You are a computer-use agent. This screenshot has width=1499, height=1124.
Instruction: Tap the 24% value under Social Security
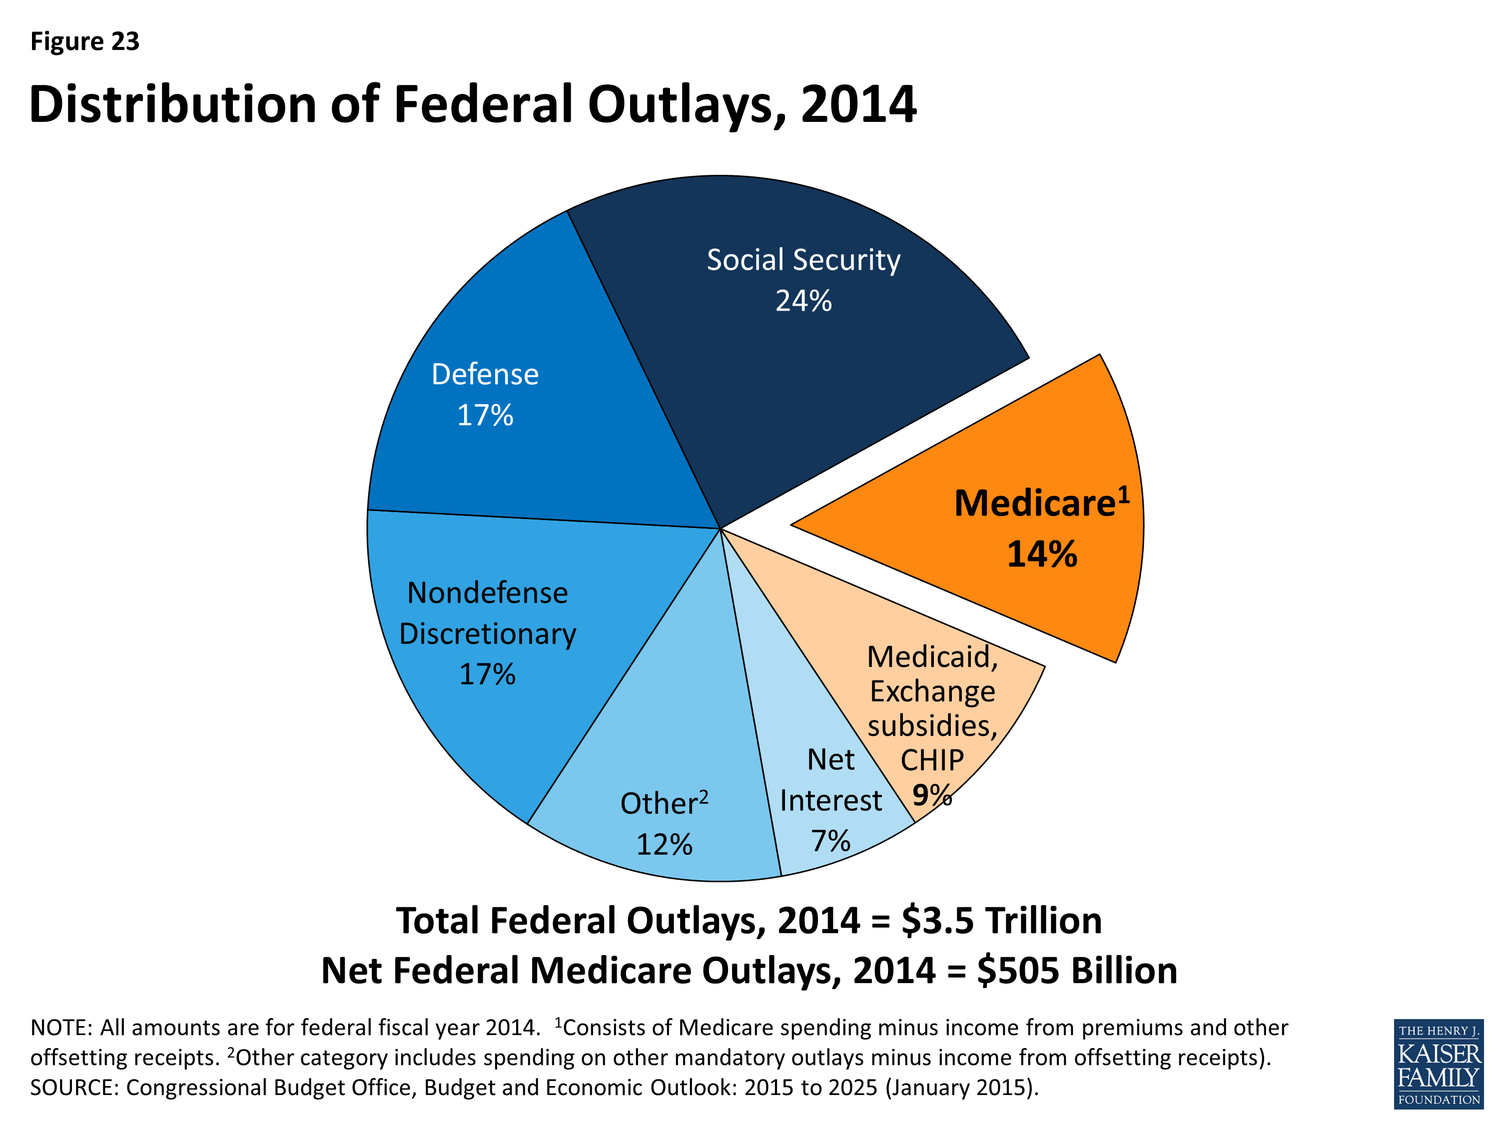click(x=803, y=301)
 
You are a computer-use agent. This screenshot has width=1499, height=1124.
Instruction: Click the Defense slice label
click(x=485, y=375)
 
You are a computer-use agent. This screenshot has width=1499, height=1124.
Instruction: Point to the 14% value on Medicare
click(x=1042, y=554)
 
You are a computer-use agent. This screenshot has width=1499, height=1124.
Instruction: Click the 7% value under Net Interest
click(x=831, y=841)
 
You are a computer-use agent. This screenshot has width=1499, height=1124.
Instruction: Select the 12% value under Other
click(x=664, y=844)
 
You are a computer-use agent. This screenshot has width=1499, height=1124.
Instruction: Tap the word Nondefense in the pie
click(x=487, y=593)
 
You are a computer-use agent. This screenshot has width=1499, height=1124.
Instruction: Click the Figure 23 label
click(x=85, y=41)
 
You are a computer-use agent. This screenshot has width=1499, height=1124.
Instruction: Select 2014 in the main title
click(x=858, y=104)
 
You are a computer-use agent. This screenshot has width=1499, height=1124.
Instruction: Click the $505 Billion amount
click(x=1077, y=970)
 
